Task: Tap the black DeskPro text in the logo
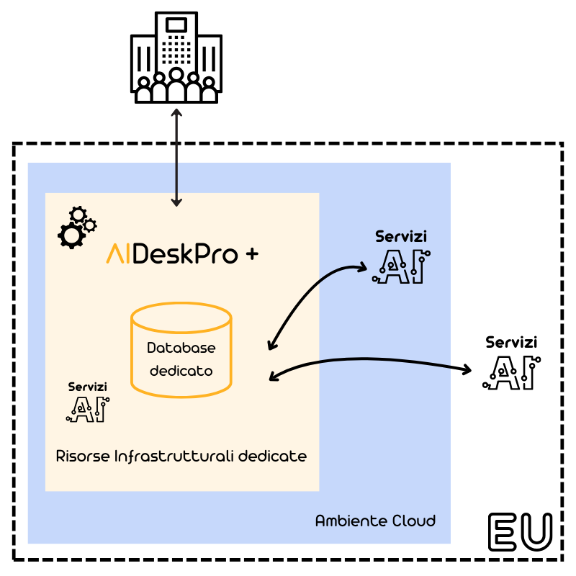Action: click(x=185, y=254)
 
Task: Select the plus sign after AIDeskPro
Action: click(x=252, y=254)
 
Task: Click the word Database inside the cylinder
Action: click(x=181, y=348)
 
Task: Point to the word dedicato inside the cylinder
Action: click(x=181, y=372)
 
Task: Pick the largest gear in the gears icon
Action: click(x=71, y=235)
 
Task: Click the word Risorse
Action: click(x=82, y=456)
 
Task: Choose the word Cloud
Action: click(x=413, y=521)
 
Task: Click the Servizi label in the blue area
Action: click(x=401, y=237)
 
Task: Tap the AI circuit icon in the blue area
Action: click(x=401, y=266)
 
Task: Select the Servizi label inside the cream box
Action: click(x=88, y=387)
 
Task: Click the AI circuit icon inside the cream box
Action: click(x=88, y=409)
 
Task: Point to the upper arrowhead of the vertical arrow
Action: click(x=176, y=112)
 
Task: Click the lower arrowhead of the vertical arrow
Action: click(x=176, y=203)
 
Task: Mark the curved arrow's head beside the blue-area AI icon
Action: click(x=362, y=268)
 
